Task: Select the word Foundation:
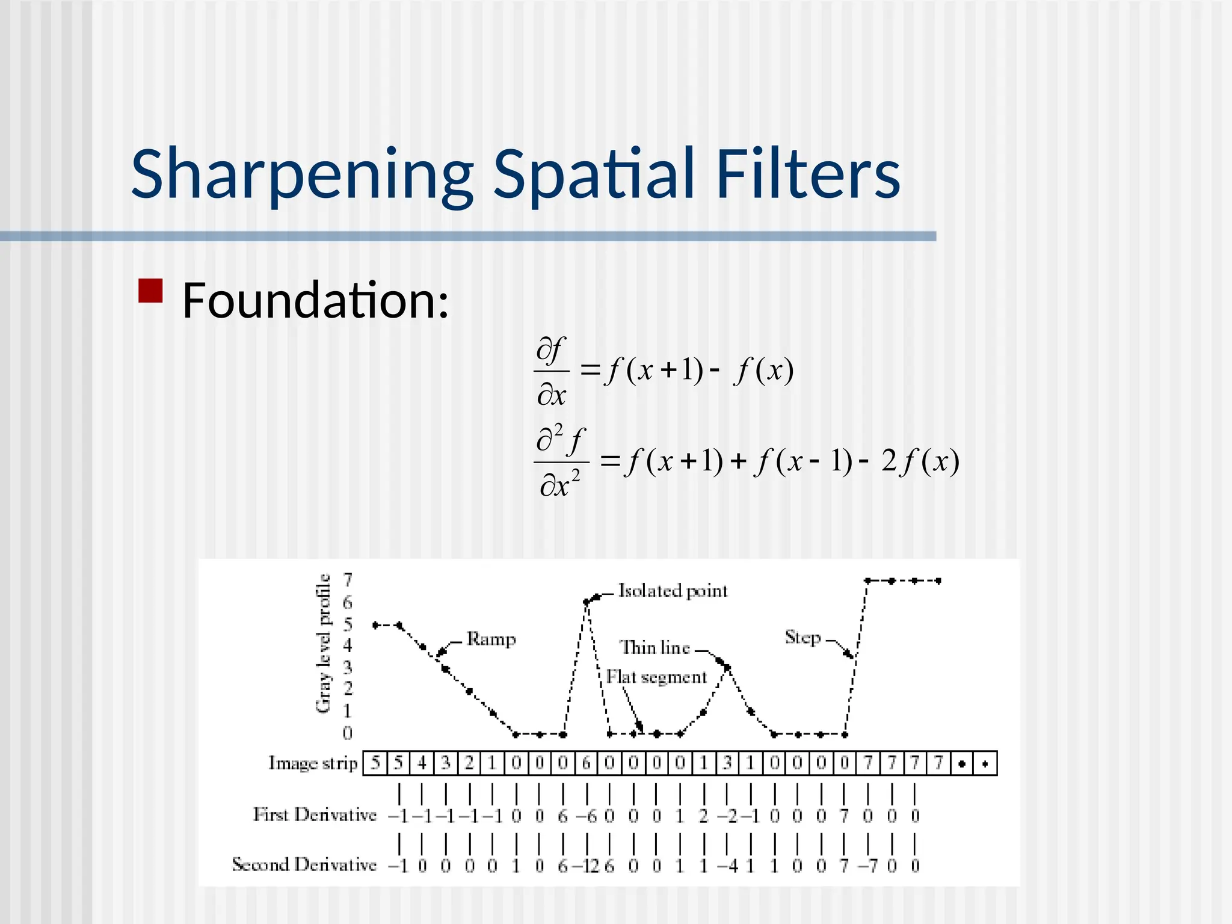pos(315,300)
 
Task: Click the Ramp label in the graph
pos(491,639)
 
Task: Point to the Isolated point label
pos(673,591)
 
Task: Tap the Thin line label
pos(654,648)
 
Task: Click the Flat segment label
pos(656,677)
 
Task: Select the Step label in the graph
pos(802,637)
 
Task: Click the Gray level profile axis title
pos(324,643)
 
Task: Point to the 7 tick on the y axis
pos(348,580)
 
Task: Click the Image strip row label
pos(313,763)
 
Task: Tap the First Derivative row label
pos(315,815)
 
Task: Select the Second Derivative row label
pos(304,865)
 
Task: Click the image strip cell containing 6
pos(587,763)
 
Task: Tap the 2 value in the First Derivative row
pos(703,816)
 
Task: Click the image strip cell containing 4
pos(422,763)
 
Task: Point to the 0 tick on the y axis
pos(348,733)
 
